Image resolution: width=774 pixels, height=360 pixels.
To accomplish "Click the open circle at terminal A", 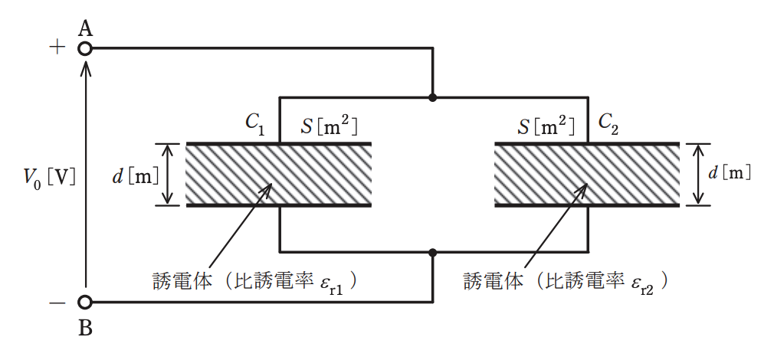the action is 85,49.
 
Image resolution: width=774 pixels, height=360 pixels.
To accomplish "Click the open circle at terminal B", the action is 85,302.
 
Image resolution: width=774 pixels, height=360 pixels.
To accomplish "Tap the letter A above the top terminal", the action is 86,30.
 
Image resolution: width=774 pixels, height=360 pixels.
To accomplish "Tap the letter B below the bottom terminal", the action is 86,329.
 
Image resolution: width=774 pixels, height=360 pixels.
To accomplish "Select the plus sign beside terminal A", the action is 57,47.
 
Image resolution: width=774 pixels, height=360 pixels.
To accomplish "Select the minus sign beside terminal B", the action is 57,302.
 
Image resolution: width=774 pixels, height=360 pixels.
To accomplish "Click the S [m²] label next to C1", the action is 330,126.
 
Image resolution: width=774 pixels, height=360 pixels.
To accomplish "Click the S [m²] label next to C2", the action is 546,126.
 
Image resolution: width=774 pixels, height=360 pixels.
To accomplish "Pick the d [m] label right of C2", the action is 729,173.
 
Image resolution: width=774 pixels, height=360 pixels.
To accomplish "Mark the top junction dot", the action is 433,97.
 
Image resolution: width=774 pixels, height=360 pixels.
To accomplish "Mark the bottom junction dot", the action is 433,253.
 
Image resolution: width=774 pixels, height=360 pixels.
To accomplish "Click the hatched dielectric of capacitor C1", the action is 278,175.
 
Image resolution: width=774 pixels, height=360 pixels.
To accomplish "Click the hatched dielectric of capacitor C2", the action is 587,175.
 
